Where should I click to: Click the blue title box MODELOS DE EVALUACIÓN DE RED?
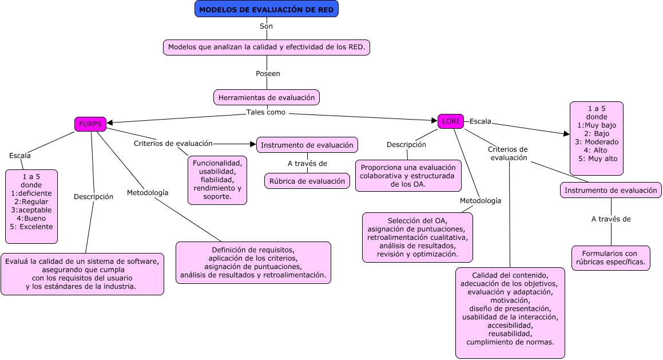pyautogui.click(x=267, y=9)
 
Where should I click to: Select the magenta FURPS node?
pyautogui.click(x=90, y=124)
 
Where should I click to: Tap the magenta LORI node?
pyautogui.click(x=451, y=121)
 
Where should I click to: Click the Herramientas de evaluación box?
pyautogui.click(x=267, y=97)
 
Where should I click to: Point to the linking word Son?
pyautogui.click(x=267, y=26)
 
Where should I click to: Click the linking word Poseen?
pyautogui.click(x=268, y=74)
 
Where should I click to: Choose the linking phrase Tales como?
pyautogui.click(x=266, y=112)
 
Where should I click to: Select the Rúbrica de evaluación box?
pyautogui.click(x=307, y=181)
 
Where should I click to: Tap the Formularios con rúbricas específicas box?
pyautogui.click(x=611, y=258)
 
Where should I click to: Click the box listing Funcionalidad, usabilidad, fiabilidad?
pyautogui.click(x=217, y=180)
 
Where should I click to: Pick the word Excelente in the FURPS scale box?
pyautogui.click(x=36, y=226)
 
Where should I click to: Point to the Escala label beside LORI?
pyautogui.click(x=481, y=121)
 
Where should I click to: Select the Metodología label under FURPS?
pyautogui.click(x=148, y=193)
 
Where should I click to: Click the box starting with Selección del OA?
pyautogui.click(x=418, y=237)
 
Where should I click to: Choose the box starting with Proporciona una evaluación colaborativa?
pyautogui.click(x=408, y=176)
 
